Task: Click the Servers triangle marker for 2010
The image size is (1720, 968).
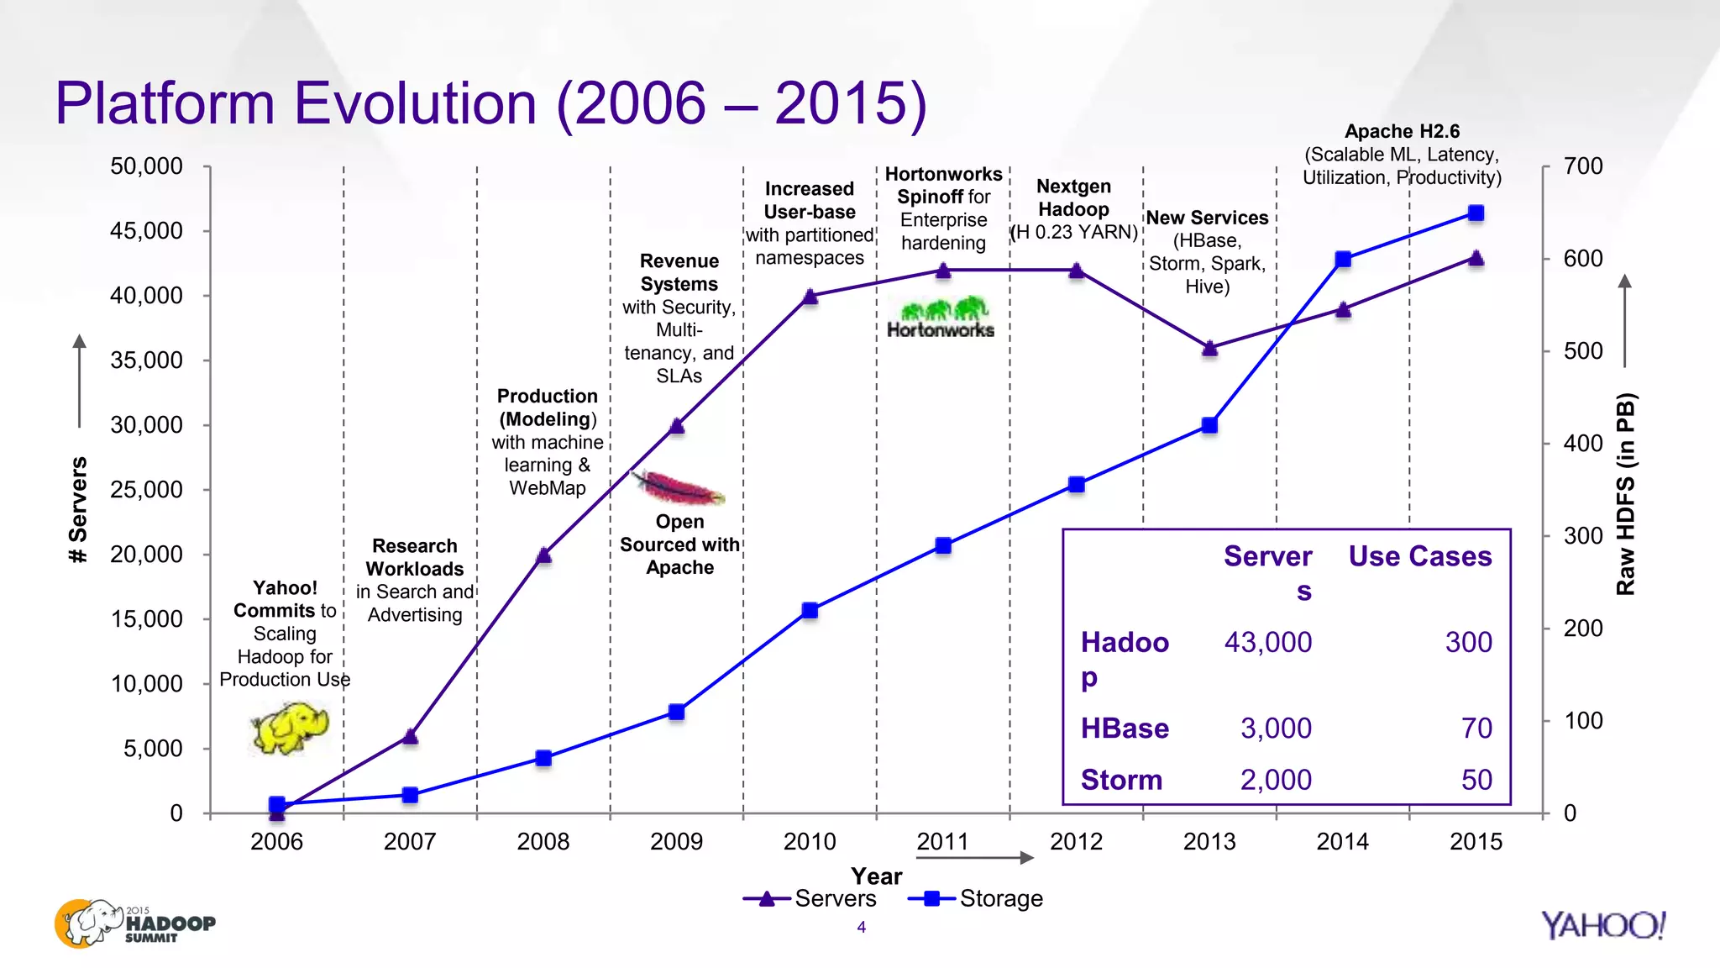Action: point(810,297)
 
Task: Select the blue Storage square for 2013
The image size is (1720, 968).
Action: point(1209,425)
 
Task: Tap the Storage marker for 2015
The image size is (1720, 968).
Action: point(1476,213)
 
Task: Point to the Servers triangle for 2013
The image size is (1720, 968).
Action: point(1209,348)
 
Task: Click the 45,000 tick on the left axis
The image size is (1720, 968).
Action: point(146,231)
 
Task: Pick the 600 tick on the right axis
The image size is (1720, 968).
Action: point(1582,259)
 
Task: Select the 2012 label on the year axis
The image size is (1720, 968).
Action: point(1076,841)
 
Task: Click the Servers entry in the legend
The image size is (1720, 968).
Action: point(810,898)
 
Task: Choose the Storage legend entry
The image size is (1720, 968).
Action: point(977,898)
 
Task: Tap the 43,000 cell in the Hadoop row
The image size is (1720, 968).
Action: point(1267,642)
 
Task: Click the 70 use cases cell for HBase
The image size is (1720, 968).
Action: point(1476,728)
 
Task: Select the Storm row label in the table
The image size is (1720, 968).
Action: point(1121,780)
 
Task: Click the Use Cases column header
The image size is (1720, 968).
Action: point(1419,556)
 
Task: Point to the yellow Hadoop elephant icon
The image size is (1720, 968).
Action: point(290,727)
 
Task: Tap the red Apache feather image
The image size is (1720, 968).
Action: point(679,488)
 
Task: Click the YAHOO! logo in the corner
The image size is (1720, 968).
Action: point(1602,925)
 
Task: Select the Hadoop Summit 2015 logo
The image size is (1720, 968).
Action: point(134,923)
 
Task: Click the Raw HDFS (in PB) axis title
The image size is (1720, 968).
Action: point(1626,494)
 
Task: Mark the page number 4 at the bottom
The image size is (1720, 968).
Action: point(861,927)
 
